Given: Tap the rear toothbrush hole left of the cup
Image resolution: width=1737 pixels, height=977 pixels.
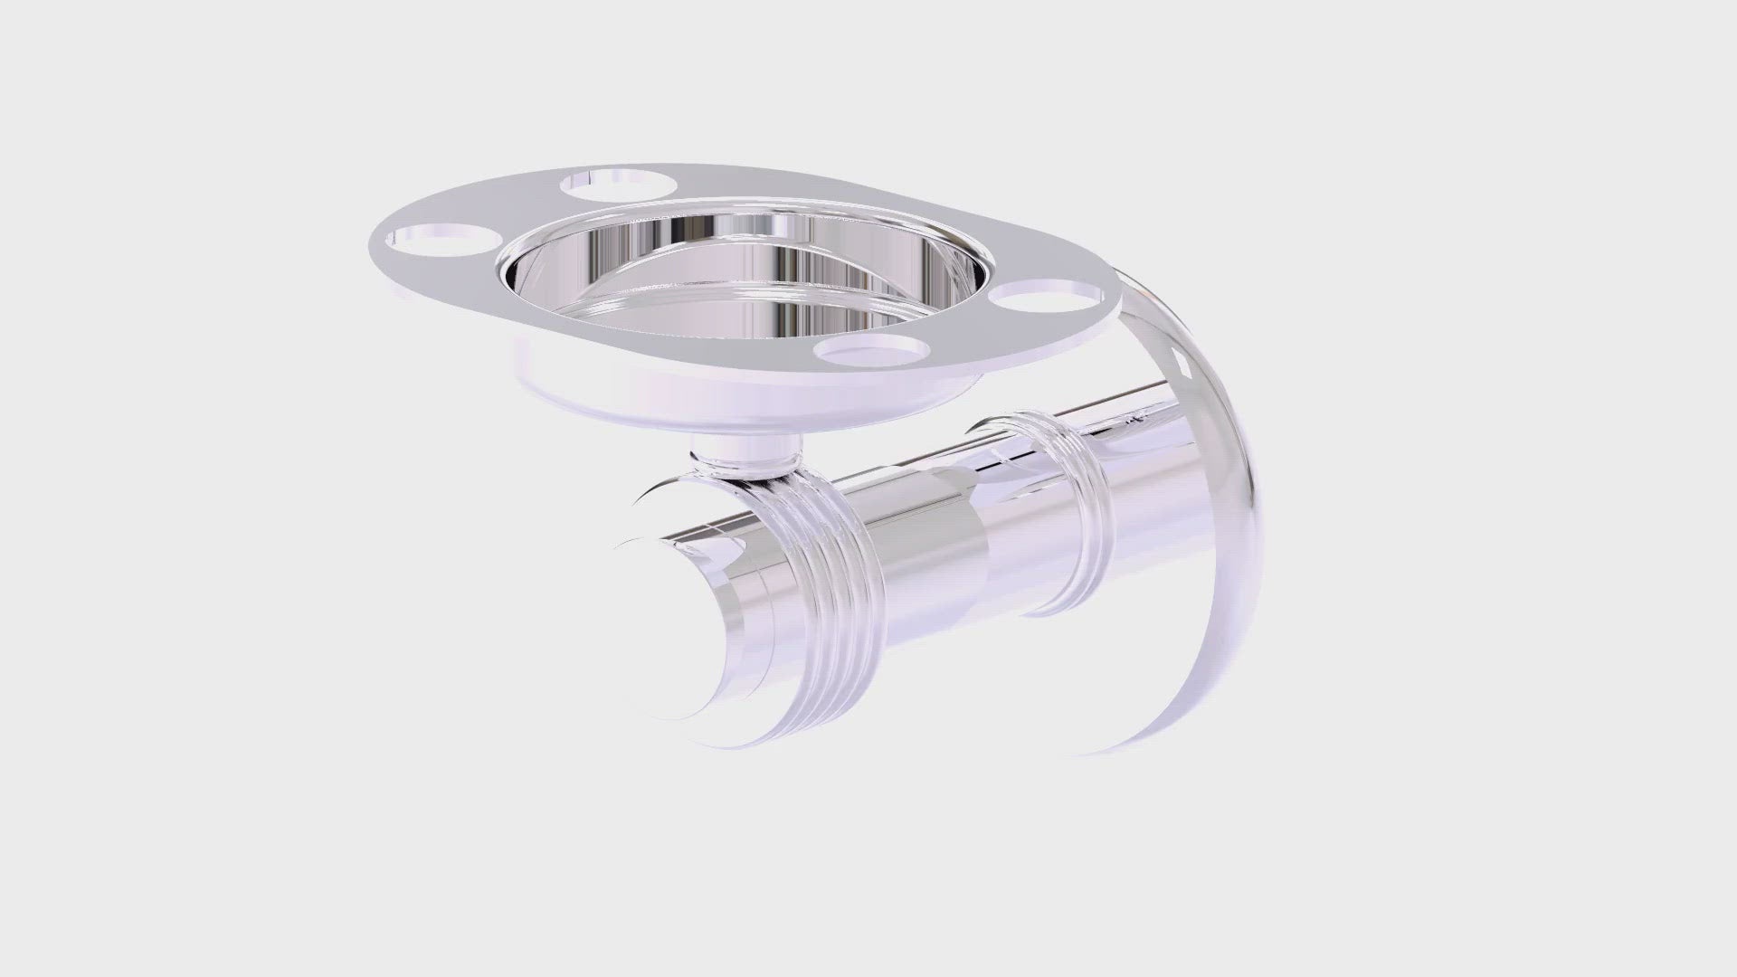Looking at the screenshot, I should tap(618, 184).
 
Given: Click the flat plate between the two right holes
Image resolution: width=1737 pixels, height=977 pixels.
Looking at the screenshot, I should tap(959, 335).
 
